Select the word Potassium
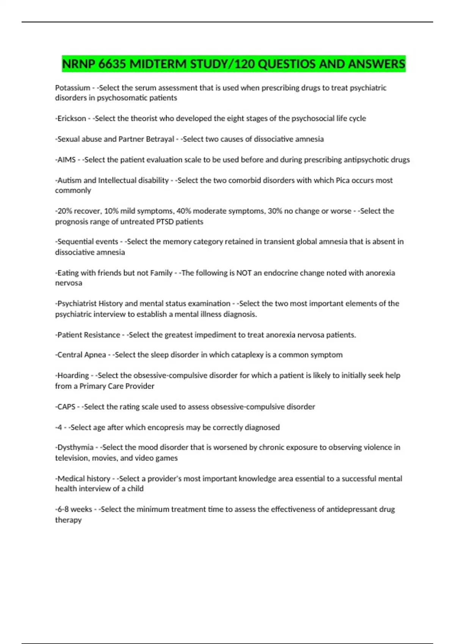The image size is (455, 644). coord(72,88)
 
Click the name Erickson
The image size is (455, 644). coord(72,119)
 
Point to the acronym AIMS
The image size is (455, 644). coord(66,160)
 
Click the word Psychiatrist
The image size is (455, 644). coord(77,303)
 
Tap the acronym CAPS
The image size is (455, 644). coord(66,407)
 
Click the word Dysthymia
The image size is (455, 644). coord(75,447)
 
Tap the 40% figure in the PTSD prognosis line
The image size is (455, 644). coord(184,211)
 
